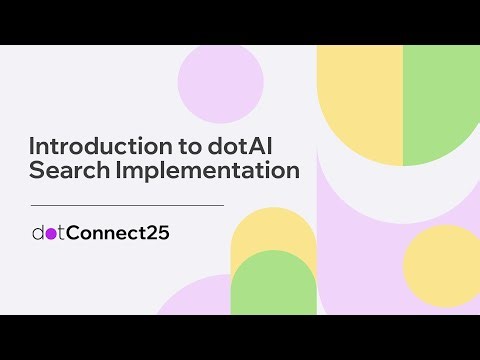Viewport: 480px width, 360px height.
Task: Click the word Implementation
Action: (x=205, y=171)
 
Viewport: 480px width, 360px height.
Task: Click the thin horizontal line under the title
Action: (x=127, y=205)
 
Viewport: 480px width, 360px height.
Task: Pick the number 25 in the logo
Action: (x=155, y=233)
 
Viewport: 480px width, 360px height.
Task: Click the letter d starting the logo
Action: (x=38, y=233)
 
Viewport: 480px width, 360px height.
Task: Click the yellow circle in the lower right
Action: (x=440, y=264)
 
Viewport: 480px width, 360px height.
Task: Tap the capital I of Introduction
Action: (x=32, y=145)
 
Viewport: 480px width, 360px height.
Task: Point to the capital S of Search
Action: (x=37, y=171)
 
